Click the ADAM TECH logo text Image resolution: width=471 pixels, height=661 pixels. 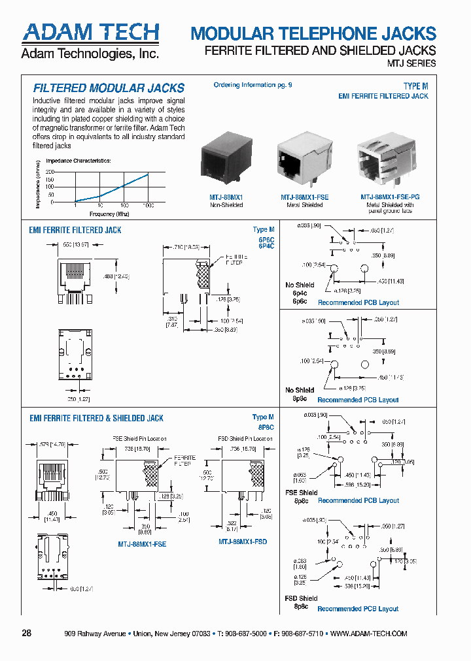tap(90, 33)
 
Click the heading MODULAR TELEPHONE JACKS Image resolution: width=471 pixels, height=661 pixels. tap(313, 34)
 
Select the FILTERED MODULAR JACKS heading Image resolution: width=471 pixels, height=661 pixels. tap(109, 88)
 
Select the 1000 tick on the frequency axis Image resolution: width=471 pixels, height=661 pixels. tap(148, 206)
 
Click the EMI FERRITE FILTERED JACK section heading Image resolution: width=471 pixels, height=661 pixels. tap(75, 230)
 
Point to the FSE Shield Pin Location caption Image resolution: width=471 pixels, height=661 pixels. tap(139, 439)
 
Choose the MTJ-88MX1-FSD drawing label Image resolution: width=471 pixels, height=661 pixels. tap(243, 542)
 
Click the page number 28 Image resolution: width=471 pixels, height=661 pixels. tap(27, 634)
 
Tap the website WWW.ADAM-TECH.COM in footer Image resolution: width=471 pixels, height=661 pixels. tap(369, 634)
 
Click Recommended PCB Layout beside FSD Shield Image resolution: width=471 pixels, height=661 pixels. tap(358, 609)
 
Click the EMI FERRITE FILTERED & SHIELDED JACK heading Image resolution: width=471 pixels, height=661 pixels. tap(96, 418)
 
